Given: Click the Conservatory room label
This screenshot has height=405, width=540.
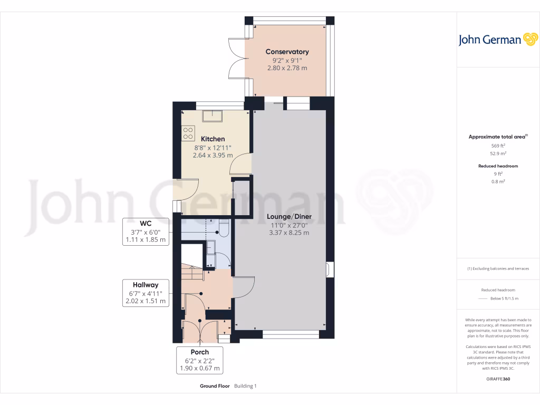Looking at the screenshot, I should coord(287,52).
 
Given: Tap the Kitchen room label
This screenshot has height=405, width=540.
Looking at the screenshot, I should coord(213,139).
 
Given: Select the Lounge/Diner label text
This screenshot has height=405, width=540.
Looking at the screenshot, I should coord(289,217).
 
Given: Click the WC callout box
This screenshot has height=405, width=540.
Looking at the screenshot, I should coord(146,232).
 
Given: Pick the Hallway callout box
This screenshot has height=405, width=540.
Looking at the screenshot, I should coord(146,293).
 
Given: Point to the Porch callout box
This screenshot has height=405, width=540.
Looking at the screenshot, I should coord(200,360).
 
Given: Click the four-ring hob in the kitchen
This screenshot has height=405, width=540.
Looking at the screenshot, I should coord(188,133).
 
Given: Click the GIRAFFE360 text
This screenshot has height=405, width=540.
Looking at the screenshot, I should coord(498,379).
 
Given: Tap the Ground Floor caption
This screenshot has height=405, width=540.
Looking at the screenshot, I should coord(215,386).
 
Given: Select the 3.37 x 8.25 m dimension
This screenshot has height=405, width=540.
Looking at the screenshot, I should coord(289,233).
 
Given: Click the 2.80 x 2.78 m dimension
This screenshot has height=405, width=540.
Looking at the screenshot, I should coord(287,68).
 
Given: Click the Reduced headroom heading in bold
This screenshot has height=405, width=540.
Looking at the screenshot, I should coord(498,166).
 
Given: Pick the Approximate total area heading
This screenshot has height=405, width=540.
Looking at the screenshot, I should coord(498,137).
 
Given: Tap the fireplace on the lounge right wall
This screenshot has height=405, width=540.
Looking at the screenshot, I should coord(329,269).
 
